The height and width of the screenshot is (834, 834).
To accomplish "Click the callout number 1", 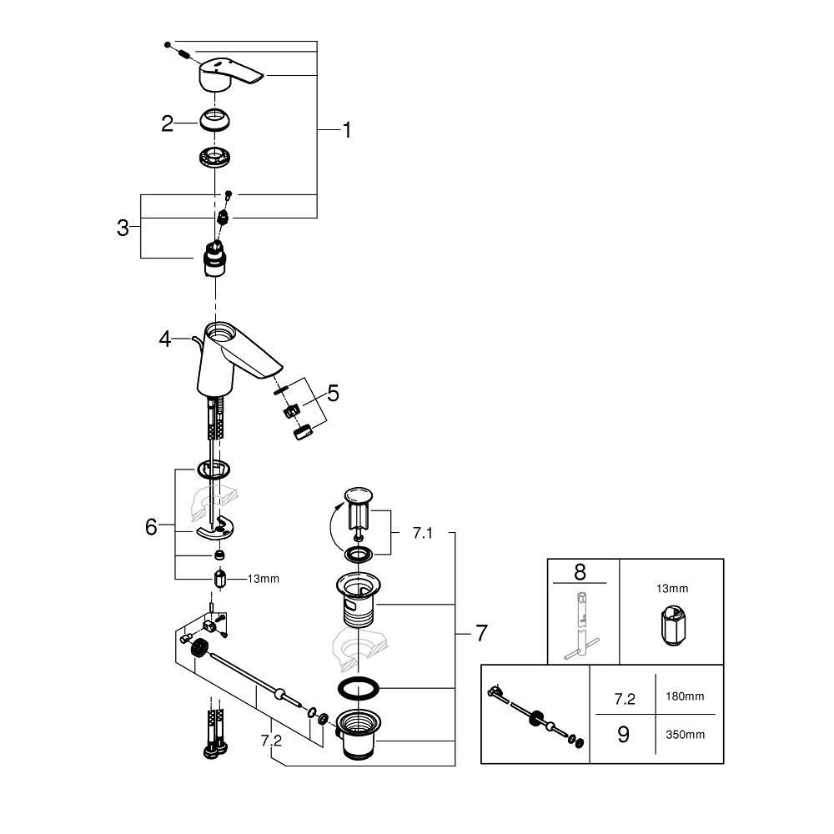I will [346, 130].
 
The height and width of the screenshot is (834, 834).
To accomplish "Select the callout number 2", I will [168, 124].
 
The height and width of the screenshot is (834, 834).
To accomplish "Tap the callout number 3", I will [123, 227].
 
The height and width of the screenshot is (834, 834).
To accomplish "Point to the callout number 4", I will [165, 339].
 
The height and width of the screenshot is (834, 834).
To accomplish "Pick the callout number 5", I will [334, 392].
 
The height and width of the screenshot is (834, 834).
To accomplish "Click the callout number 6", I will [151, 527].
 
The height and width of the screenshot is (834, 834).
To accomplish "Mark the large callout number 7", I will [480, 634].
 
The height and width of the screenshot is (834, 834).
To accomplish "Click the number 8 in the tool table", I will [581, 573].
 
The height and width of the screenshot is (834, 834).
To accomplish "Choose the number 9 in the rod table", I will [622, 734].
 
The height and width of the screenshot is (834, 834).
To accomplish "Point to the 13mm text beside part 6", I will [263, 578].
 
